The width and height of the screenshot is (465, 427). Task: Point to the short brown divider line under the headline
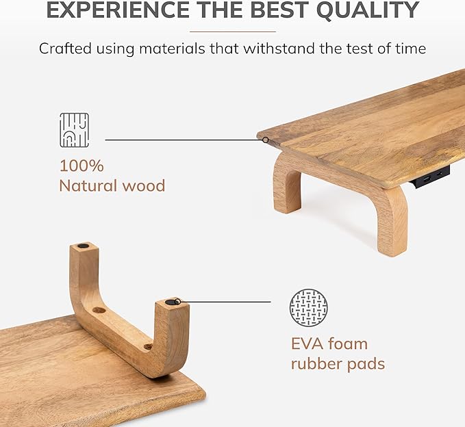click(x=232, y=31)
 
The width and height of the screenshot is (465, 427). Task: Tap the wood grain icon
click(x=74, y=130)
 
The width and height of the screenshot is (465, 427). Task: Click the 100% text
click(x=81, y=166)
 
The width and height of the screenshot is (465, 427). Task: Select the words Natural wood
click(x=112, y=185)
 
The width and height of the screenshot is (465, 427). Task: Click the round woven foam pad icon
click(x=308, y=307)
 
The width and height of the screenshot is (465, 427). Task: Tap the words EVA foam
click(x=329, y=344)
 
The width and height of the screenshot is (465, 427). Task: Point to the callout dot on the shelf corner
click(x=266, y=140)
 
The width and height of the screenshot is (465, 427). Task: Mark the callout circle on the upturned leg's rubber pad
click(x=177, y=301)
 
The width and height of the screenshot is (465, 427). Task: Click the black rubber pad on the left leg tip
click(x=83, y=245)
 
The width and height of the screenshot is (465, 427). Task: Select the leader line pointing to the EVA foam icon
click(x=226, y=302)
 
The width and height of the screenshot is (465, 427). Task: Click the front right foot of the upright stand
click(x=392, y=246)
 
